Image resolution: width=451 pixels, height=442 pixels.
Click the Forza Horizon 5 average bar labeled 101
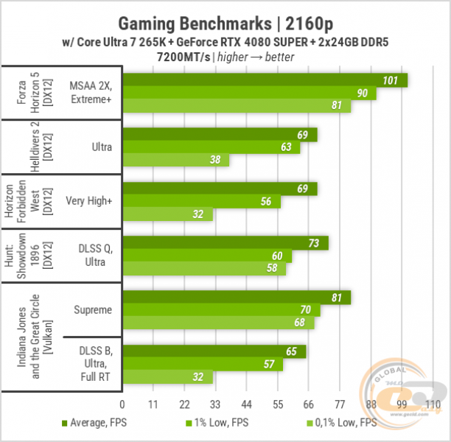(265, 80)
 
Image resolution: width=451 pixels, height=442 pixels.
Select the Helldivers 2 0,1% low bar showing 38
(176, 160)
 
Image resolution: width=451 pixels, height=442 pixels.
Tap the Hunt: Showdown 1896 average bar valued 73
(225, 243)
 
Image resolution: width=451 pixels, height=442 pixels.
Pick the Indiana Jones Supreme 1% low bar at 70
(220, 310)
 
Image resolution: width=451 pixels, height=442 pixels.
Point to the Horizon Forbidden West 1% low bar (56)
(202, 202)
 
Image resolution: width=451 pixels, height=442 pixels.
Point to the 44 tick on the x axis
(248, 404)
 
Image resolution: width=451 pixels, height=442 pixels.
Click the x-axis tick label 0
(122, 404)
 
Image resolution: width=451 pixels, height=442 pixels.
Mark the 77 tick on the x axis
(341, 404)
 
